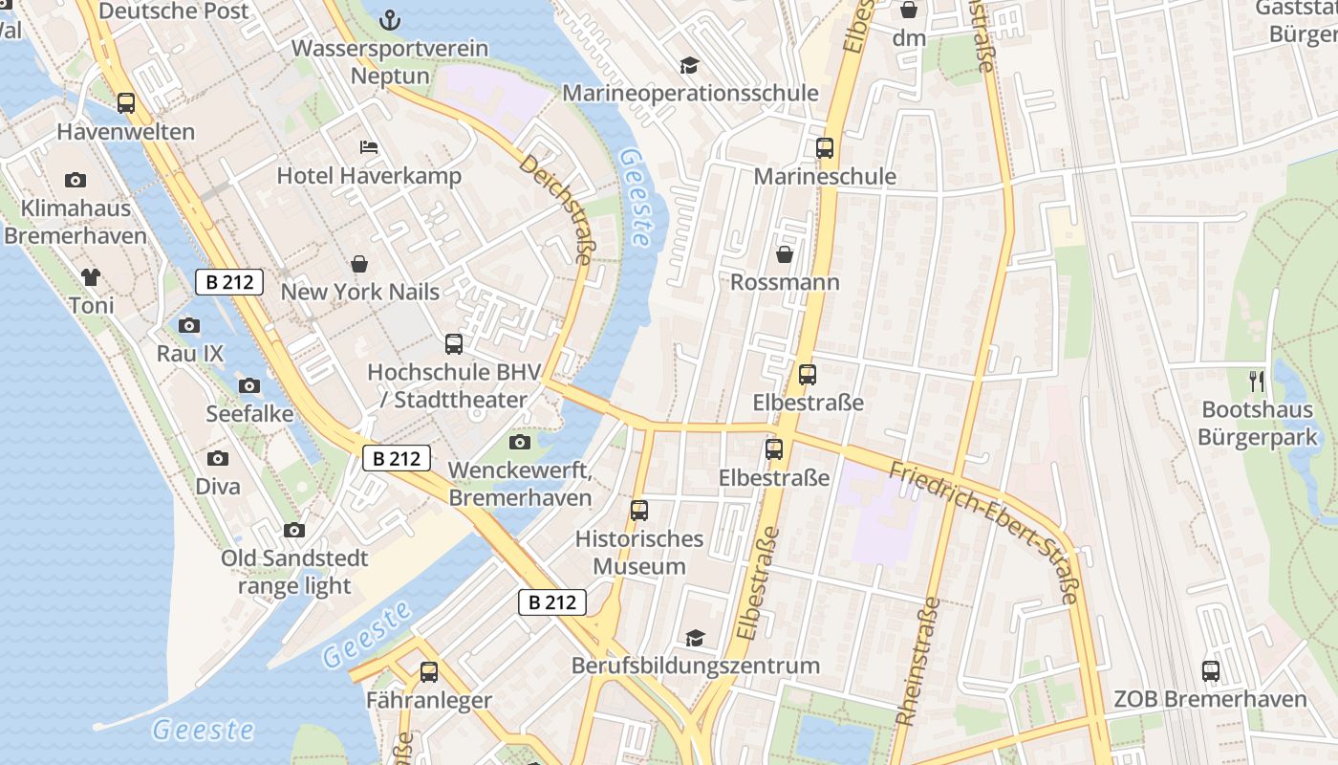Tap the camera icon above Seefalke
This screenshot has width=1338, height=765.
[249, 386]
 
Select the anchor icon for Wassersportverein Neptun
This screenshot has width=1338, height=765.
[390, 19]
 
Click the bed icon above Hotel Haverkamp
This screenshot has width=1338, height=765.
[369, 147]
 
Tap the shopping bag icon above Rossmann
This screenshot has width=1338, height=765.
[785, 254]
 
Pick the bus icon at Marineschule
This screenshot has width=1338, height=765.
[825, 148]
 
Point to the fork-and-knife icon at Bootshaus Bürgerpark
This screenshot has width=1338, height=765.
[1257, 382]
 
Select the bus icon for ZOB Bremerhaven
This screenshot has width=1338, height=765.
[1211, 671]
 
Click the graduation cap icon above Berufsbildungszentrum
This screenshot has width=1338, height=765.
[695, 638]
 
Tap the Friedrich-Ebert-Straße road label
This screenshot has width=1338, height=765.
[983, 533]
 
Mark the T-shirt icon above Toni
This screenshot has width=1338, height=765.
[91, 278]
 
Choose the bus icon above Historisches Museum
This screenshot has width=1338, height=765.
[639, 511]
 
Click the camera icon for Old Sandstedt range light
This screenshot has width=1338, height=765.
[294, 531]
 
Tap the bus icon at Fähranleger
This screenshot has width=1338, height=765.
[429, 672]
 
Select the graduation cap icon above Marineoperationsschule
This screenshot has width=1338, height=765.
[689, 65]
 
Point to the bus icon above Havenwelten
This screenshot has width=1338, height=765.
[126, 103]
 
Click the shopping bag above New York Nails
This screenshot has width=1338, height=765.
[359, 264]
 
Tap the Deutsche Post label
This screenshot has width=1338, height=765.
[174, 11]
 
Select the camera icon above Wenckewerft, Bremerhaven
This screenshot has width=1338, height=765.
[520, 442]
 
